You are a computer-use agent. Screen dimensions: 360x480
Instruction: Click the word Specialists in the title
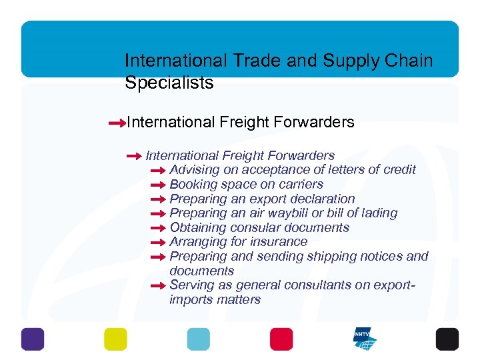[x=169, y=83]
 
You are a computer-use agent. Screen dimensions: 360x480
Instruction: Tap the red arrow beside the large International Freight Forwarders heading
[x=117, y=123]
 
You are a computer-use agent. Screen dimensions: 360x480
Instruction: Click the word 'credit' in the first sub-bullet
[x=396, y=170]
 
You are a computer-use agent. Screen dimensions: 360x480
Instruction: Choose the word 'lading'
[x=378, y=213]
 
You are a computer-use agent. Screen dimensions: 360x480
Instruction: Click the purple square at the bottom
[x=32, y=339]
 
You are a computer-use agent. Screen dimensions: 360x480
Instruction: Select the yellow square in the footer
[x=115, y=339]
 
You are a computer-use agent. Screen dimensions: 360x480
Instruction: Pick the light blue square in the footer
[x=198, y=339]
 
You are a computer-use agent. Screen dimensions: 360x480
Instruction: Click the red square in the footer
[x=281, y=339]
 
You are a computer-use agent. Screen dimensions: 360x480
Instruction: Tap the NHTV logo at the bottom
[x=364, y=339]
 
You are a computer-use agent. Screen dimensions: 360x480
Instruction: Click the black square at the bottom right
[x=447, y=339]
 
